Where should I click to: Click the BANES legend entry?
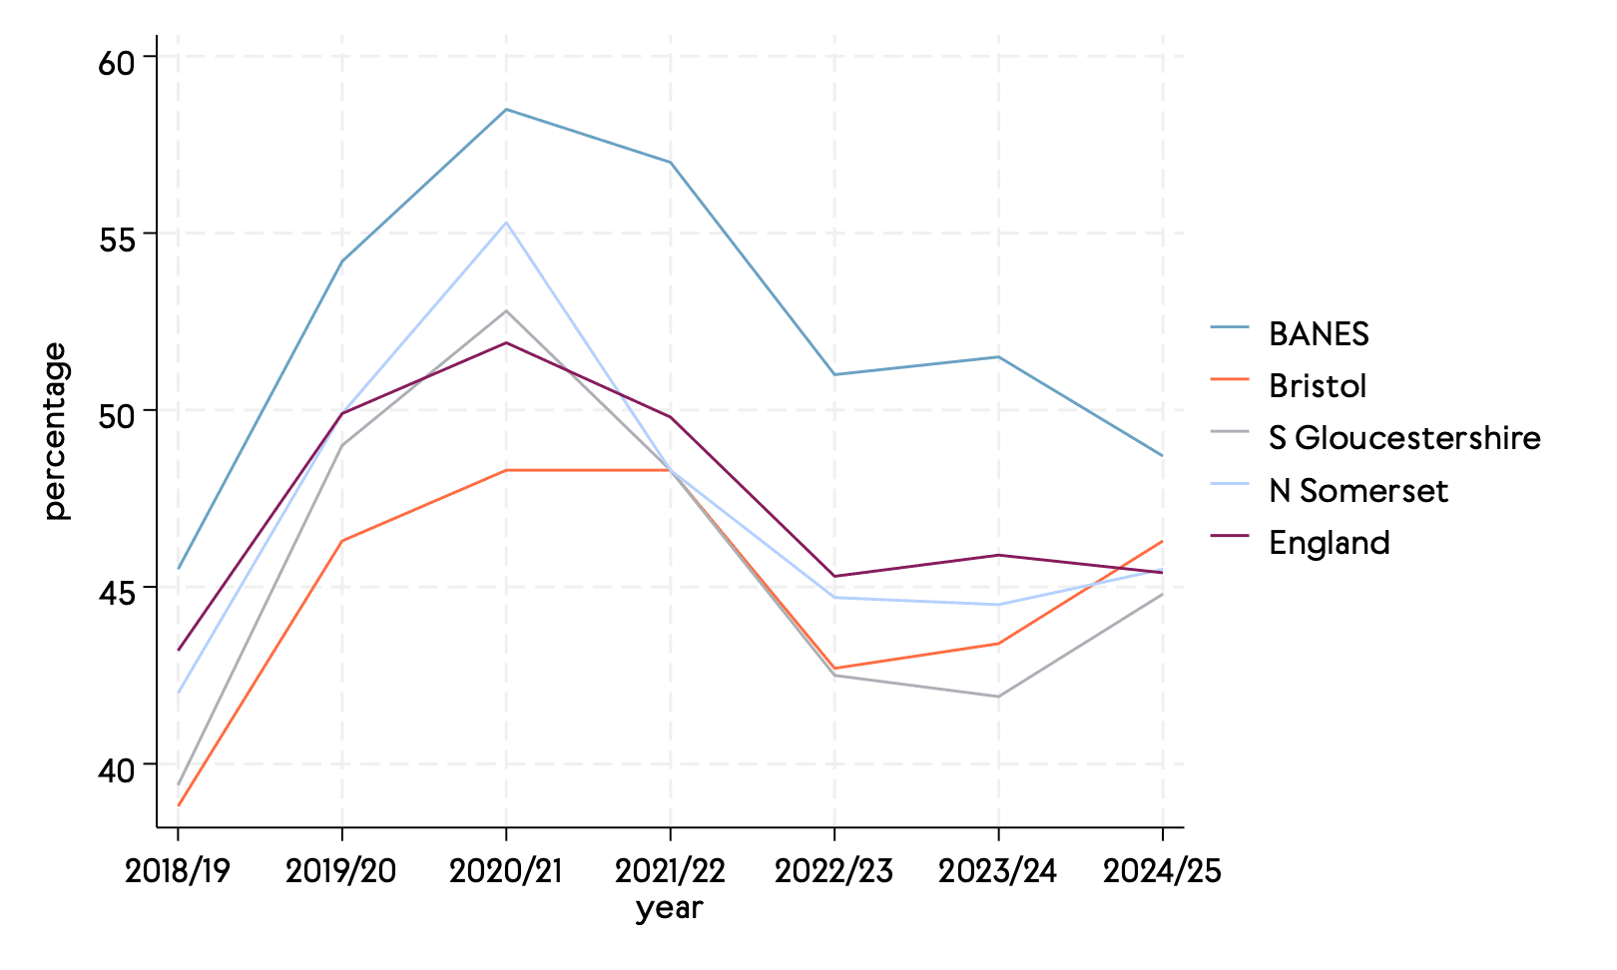pyautogui.click(x=1318, y=333)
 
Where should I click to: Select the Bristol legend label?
pyautogui.click(x=1317, y=386)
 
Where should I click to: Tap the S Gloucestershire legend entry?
pyautogui.click(x=1403, y=438)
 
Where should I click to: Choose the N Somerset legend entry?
pyautogui.click(x=1357, y=491)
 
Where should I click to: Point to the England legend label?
pyautogui.click(x=1329, y=543)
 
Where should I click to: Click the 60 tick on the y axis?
pyautogui.click(x=116, y=63)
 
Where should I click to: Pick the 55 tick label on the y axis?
pyautogui.click(x=116, y=240)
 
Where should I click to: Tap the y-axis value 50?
pyautogui.click(x=116, y=416)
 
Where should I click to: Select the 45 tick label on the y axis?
pyautogui.click(x=116, y=593)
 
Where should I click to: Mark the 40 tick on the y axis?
pyautogui.click(x=116, y=770)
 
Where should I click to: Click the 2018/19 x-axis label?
pyautogui.click(x=178, y=871)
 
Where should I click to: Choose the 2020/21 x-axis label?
pyautogui.click(x=506, y=871)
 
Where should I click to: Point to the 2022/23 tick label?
pyautogui.click(x=833, y=871)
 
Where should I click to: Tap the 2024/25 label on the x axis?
pyautogui.click(x=1162, y=871)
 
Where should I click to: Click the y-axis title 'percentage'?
pyautogui.click(x=56, y=431)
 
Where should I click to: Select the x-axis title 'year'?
pyautogui.click(x=669, y=908)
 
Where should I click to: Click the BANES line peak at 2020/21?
pyautogui.click(x=506, y=109)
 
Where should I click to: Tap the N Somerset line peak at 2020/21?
pyautogui.click(x=506, y=223)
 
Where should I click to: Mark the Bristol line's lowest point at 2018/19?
pyautogui.click(x=179, y=805)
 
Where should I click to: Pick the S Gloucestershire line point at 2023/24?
pyautogui.click(x=998, y=697)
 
